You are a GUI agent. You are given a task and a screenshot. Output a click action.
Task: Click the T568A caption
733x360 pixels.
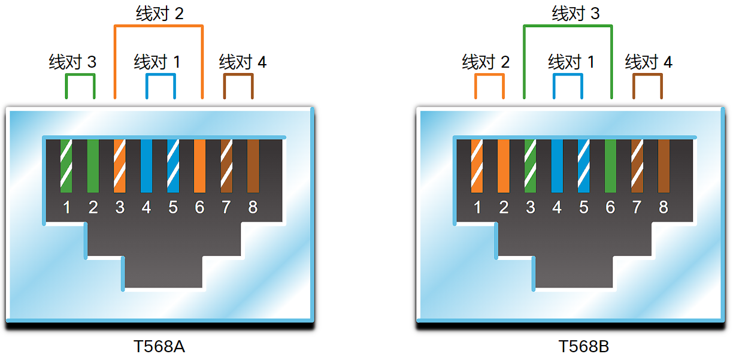(159, 347)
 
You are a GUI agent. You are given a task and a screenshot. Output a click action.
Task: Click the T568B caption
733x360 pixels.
(583, 347)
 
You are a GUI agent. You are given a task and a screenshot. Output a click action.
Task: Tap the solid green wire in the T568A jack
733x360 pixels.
(93, 166)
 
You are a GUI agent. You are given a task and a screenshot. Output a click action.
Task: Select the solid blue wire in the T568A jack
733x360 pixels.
(146, 166)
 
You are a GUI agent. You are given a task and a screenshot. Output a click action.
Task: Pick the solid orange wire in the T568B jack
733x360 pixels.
(504, 166)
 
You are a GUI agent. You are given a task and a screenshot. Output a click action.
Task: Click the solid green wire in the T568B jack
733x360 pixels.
(610, 166)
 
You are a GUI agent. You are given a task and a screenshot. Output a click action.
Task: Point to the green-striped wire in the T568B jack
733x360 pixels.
(530, 166)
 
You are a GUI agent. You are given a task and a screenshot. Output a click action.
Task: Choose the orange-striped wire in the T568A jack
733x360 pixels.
(119, 166)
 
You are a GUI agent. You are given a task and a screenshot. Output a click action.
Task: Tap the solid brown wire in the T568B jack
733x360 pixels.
(664, 166)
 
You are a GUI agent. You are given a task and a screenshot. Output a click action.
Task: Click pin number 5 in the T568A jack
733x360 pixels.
(173, 207)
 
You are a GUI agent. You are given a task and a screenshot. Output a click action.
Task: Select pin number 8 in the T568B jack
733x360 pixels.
(664, 207)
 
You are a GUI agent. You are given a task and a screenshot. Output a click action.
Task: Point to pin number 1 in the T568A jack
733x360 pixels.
(66, 207)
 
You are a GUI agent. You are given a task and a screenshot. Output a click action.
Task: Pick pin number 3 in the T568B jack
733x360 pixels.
(531, 207)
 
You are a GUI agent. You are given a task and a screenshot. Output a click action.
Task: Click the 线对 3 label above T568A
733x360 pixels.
(72, 62)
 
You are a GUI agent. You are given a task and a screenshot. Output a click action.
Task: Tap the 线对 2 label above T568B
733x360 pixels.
(486, 62)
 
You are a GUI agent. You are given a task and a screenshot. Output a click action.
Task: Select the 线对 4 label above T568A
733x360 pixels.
(243, 62)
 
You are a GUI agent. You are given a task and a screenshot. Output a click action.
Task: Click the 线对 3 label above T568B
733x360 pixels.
(576, 14)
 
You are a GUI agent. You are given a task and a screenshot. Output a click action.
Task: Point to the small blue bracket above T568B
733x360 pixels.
(568, 75)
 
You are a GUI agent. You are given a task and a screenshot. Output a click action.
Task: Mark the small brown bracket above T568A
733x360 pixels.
(238, 75)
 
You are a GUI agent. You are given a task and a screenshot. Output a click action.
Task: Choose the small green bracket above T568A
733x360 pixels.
(80, 75)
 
